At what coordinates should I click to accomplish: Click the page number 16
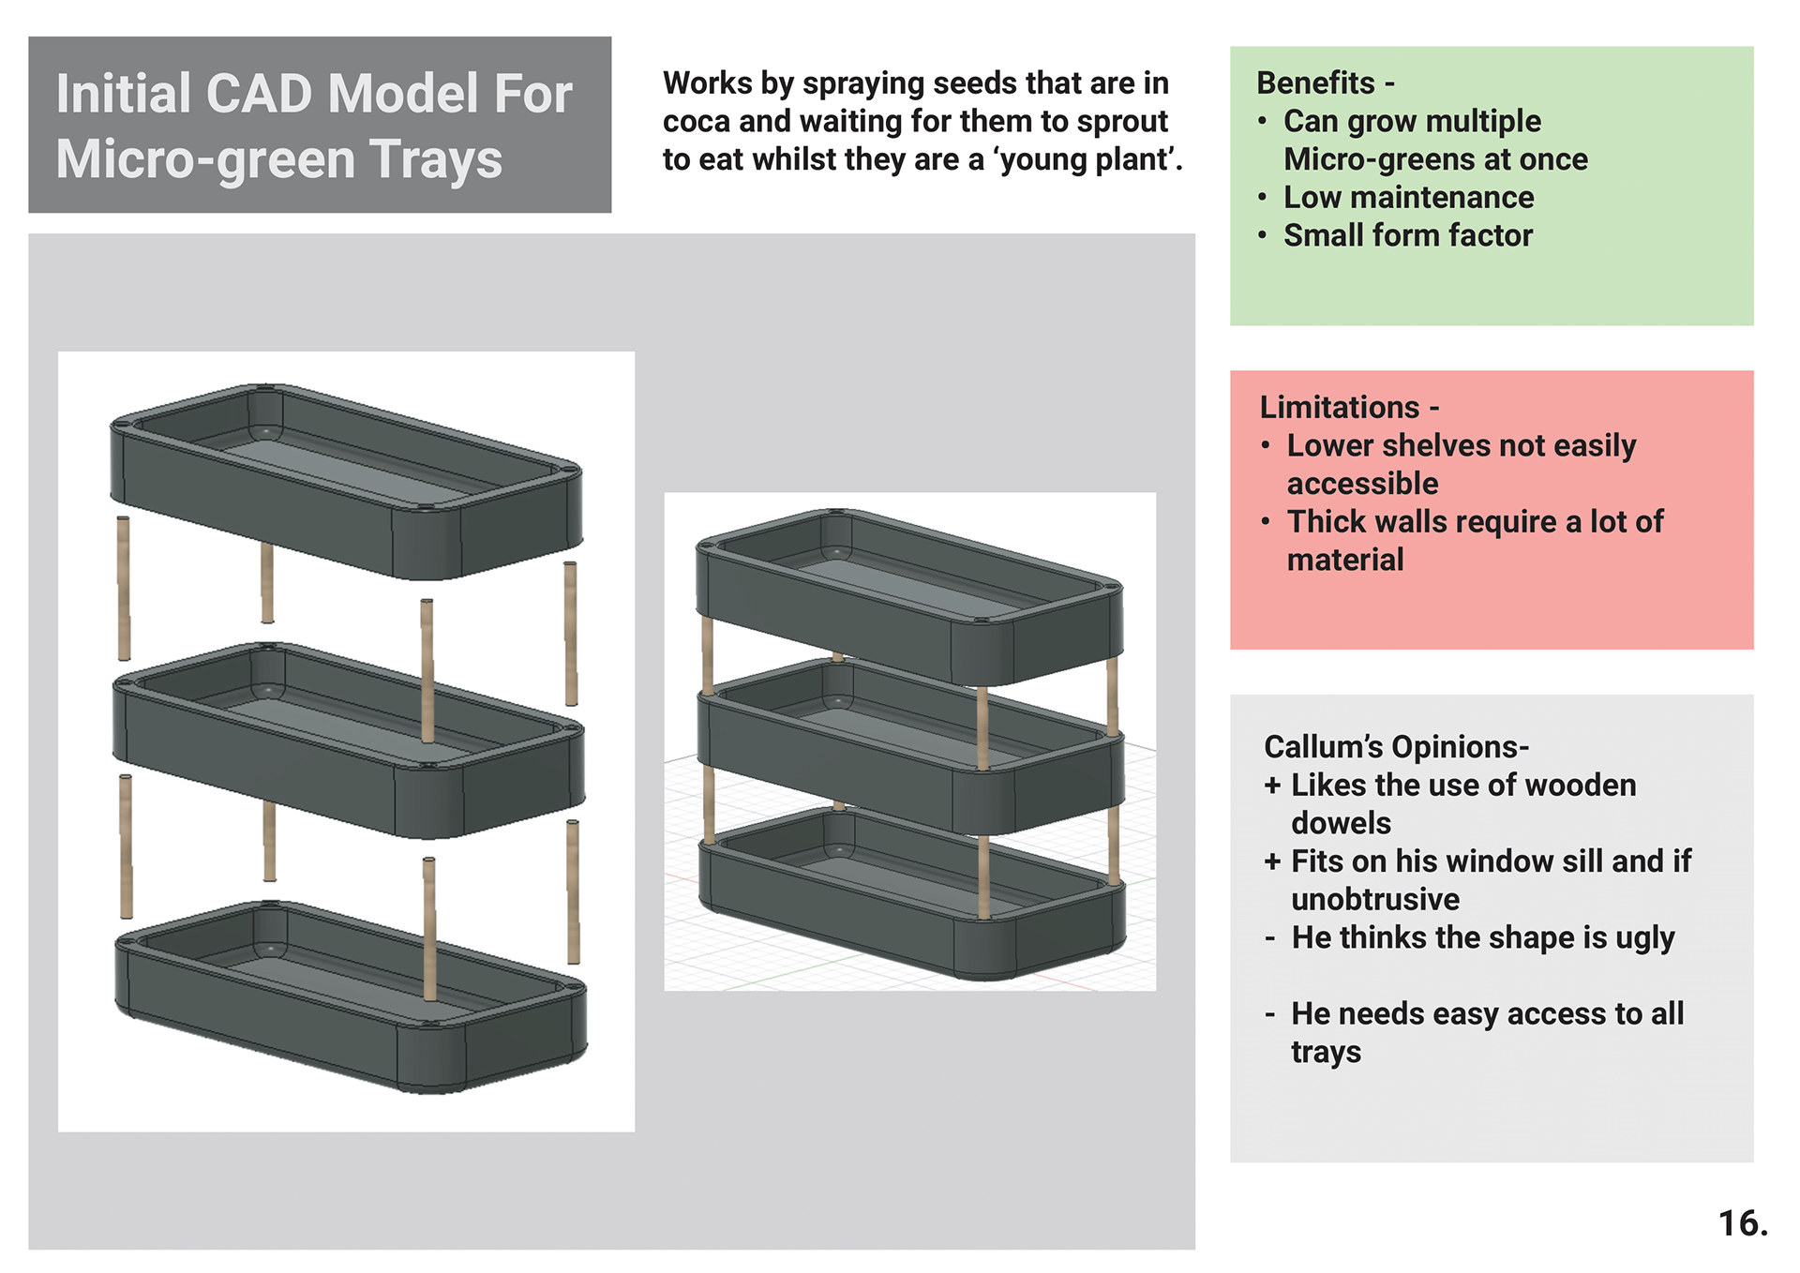(x=1742, y=1222)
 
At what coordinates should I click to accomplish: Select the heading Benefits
(x=1315, y=82)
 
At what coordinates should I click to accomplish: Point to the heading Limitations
(x=1340, y=407)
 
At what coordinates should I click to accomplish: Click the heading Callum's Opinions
(x=1395, y=746)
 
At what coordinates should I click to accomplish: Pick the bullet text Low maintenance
(x=1408, y=197)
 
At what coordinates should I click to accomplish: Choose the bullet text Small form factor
(x=1407, y=235)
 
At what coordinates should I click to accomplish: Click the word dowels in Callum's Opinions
(x=1341, y=823)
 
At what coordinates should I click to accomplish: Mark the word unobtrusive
(x=1374, y=899)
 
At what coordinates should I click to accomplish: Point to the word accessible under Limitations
(x=1362, y=484)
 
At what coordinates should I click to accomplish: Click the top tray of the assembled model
(x=909, y=600)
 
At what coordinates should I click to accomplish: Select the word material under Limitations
(x=1345, y=560)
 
